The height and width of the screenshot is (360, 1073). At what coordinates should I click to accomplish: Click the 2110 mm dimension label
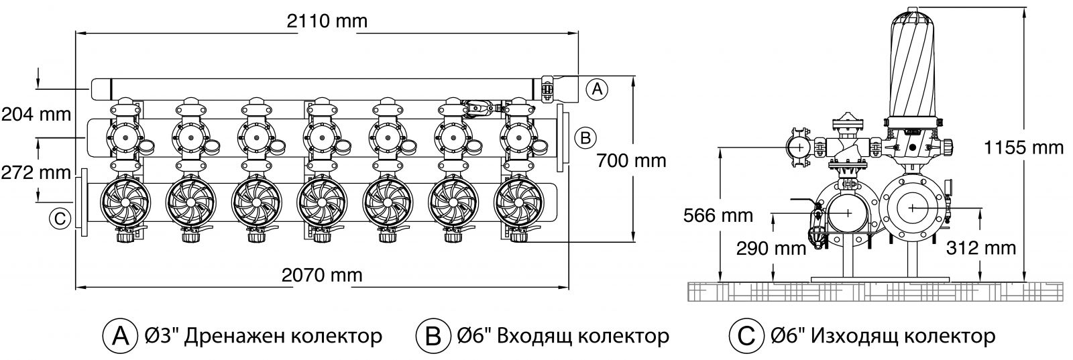(327, 21)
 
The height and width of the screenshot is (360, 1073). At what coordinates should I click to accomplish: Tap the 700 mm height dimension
(631, 161)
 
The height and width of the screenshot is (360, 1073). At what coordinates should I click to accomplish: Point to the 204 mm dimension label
(36, 114)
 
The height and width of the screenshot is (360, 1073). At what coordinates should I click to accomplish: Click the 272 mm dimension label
(36, 172)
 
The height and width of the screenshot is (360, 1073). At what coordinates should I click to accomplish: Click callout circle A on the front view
(596, 88)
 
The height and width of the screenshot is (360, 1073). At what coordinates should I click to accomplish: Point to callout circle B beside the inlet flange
(585, 138)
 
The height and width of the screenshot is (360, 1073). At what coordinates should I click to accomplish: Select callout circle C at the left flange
(60, 219)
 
